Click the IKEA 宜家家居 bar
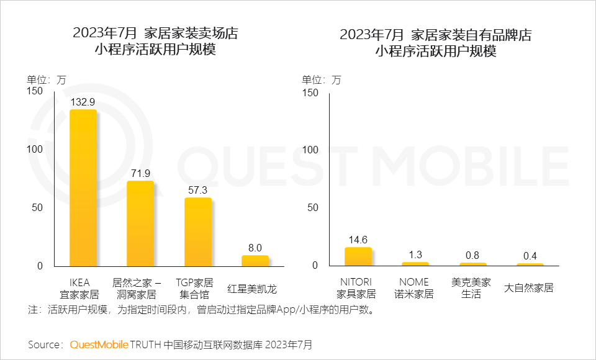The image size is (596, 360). [83, 187]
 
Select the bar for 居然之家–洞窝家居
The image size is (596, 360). [140, 223]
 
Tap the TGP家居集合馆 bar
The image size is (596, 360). [197, 232]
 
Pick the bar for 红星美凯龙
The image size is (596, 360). [255, 260]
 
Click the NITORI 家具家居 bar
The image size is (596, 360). [358, 256]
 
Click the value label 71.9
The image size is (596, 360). [140, 173]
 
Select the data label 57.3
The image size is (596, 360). [197, 190]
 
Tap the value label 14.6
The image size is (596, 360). [358, 240]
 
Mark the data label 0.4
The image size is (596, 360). [530, 256]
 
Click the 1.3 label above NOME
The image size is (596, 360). [415, 254]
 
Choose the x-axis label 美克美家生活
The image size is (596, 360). [472, 288]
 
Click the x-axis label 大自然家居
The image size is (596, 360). [530, 288]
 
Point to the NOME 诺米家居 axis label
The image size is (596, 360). [415, 288]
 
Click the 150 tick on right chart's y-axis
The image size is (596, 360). [310, 92]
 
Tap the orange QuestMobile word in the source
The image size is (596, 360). [99, 344]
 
